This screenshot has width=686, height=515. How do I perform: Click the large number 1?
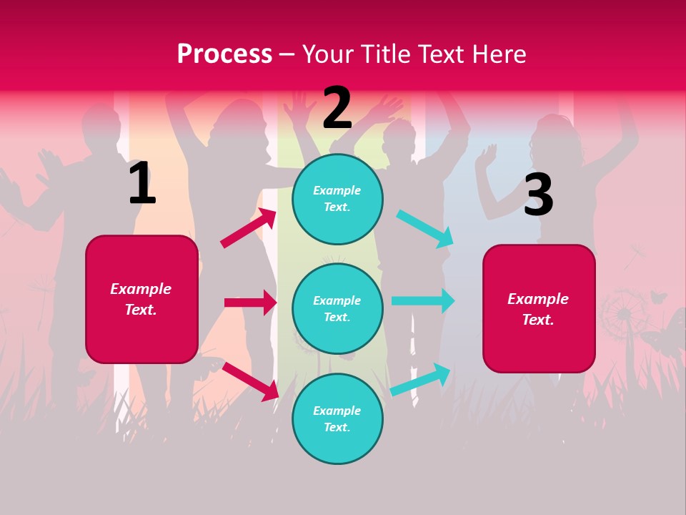(142, 184)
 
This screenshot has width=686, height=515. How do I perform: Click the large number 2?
(337, 108)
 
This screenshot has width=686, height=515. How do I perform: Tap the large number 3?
(538, 195)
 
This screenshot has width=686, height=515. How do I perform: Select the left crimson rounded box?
(141, 299)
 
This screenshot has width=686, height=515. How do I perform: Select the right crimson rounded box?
(539, 309)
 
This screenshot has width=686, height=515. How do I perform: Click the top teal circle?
(337, 199)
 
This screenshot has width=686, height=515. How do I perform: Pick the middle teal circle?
(337, 308)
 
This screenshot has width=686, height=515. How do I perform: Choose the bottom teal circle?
(337, 418)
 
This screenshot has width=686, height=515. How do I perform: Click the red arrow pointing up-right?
(249, 228)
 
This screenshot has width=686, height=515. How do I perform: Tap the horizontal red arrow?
(250, 303)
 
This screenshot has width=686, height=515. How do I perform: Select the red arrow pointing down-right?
(250, 381)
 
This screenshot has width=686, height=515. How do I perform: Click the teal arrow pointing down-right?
(425, 228)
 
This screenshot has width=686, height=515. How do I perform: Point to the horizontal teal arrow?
(423, 300)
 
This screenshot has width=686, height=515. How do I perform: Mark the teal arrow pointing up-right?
(421, 379)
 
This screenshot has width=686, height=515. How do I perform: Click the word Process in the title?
(224, 54)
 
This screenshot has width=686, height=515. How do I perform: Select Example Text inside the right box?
(538, 309)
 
